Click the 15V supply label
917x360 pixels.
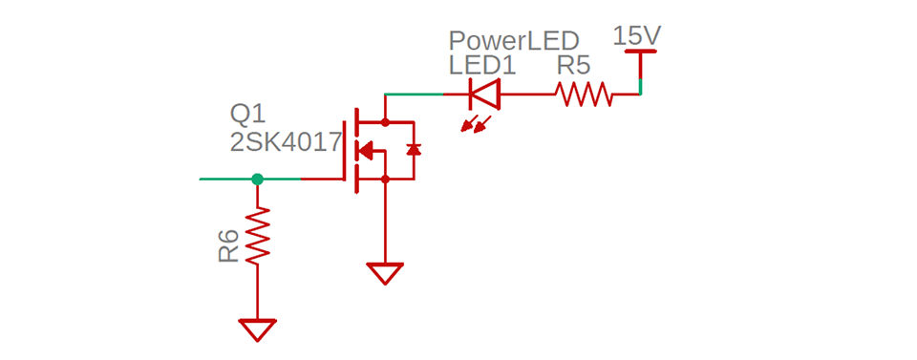[637, 37]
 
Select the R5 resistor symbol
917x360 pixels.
[584, 95]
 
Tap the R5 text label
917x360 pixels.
[574, 66]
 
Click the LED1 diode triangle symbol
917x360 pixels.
[484, 95]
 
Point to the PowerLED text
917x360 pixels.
[514, 41]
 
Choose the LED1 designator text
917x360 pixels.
[482, 66]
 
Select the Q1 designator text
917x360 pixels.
[247, 115]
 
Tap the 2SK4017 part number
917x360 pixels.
[286, 143]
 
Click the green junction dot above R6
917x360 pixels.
[257, 179]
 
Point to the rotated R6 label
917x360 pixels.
[228, 246]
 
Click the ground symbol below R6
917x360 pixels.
[257, 329]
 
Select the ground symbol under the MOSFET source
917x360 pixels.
[386, 274]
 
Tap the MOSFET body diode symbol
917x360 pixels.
[414, 150]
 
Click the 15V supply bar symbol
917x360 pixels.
[640, 53]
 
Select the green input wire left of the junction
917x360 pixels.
[225, 179]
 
